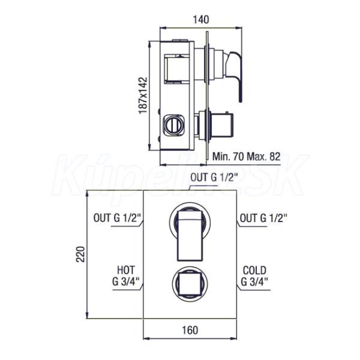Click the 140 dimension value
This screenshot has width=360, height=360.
tap(200, 20)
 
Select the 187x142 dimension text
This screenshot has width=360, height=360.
tap(143, 95)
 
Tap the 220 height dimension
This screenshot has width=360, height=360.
tap(80, 254)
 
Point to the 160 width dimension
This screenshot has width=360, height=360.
tap(190, 330)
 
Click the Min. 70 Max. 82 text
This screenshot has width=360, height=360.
tap(247, 157)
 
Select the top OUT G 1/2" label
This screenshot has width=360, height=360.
tap(212, 177)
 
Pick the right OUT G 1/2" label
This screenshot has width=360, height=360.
tap(263, 218)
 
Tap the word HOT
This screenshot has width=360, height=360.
tap(126, 270)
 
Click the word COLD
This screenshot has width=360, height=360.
tap(254, 270)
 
